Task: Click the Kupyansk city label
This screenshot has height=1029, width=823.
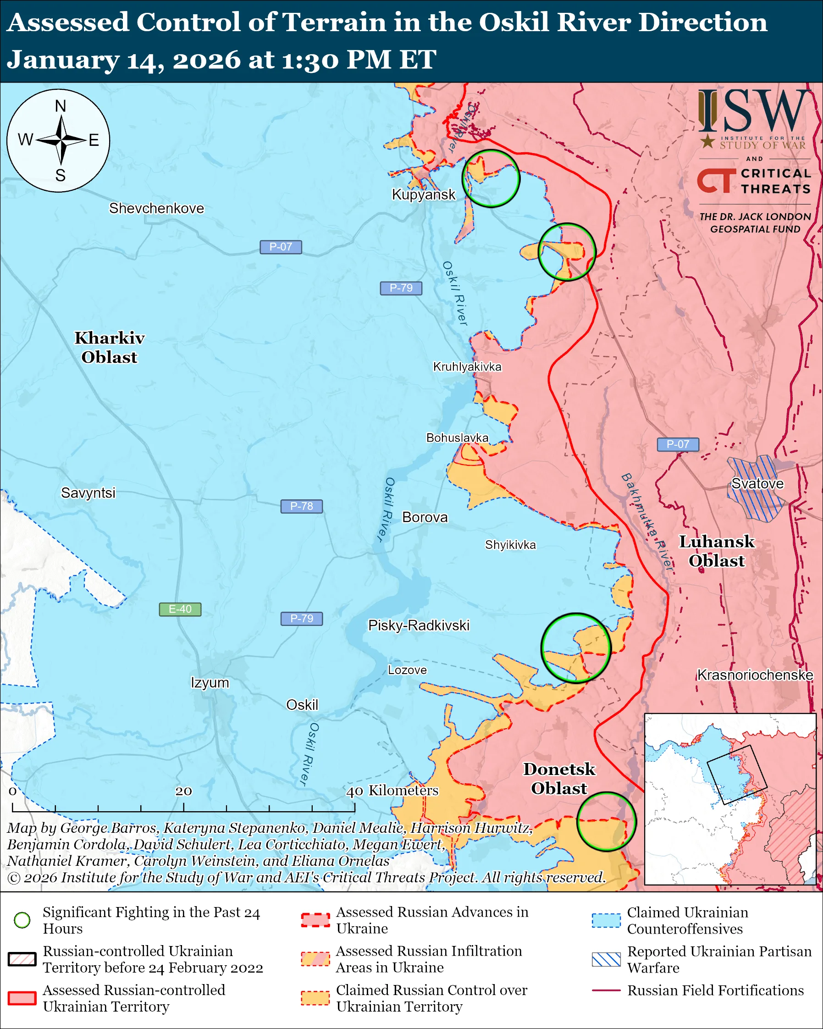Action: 423,195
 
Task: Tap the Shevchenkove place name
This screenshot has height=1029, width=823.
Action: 156,209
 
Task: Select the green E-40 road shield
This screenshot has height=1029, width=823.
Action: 180,609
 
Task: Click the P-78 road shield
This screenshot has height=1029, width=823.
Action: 302,506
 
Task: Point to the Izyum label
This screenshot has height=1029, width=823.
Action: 210,683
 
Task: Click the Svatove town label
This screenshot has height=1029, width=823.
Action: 757,484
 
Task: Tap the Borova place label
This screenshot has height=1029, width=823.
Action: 425,518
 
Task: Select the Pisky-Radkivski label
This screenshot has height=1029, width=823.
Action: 419,626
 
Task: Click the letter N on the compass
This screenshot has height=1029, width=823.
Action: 60,106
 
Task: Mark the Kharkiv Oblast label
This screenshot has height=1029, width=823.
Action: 109,348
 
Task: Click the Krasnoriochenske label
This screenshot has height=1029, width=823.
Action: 755,675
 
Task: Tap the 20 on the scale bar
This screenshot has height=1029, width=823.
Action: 183,791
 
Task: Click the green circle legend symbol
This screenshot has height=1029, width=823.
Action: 22,920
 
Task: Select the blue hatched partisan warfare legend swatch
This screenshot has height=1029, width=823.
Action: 606,959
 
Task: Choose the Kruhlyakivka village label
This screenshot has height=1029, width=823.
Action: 467,367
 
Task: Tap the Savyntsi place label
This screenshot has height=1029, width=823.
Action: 88,493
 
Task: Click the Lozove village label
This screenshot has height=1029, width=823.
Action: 407,670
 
